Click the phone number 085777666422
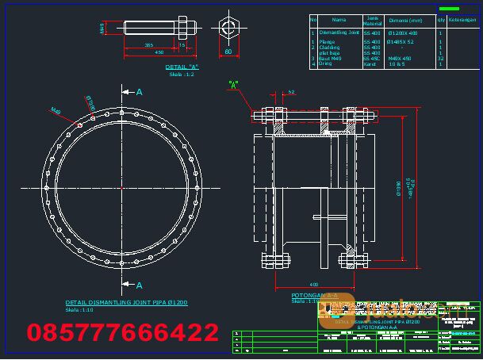[x=123, y=331]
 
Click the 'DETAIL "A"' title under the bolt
[x=182, y=67]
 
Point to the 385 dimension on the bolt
[x=149, y=45]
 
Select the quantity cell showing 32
[x=440, y=58]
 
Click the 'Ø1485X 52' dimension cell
[x=400, y=41]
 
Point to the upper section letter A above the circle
[x=140, y=92]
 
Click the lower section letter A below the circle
[x=139, y=285]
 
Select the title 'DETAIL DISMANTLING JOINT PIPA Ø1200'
[x=126, y=303]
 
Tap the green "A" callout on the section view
[x=233, y=83]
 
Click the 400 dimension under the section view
[x=314, y=284]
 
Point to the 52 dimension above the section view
[x=291, y=92]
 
